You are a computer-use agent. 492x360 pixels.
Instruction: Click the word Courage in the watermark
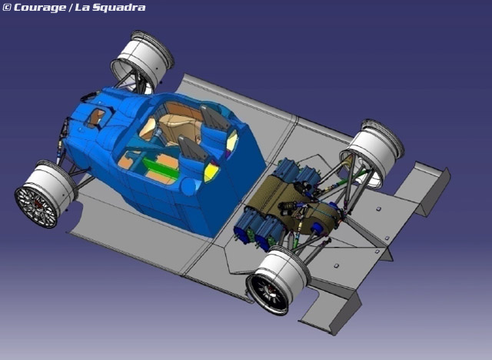tap(40, 8)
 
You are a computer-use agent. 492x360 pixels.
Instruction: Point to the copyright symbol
tap(6, 8)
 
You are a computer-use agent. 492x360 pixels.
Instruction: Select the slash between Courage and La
tap(71, 8)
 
